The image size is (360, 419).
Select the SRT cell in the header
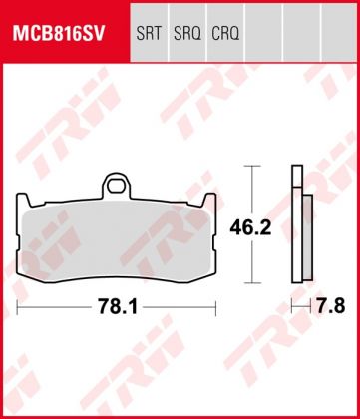click(149, 33)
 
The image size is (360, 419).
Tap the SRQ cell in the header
click(187, 33)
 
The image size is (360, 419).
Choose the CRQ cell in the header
click(227, 33)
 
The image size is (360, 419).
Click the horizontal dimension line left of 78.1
click(55, 303)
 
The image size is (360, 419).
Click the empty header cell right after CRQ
click(266, 33)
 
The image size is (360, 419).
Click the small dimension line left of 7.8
click(300, 303)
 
